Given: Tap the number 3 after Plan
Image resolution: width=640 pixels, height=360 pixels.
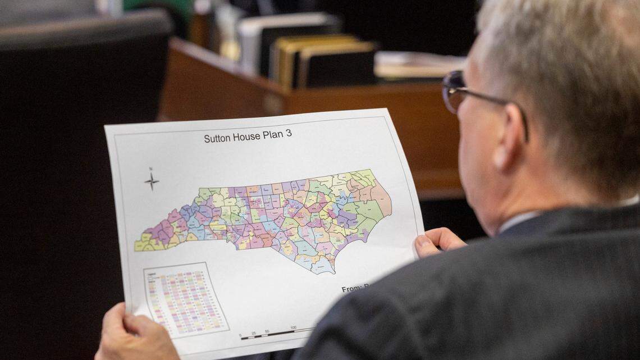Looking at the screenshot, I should pyautogui.click(x=289, y=133).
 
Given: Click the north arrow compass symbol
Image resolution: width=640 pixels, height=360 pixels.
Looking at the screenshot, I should pyautogui.click(x=151, y=180).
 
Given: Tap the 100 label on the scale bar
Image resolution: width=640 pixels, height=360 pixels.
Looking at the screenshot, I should pyautogui.click(x=293, y=327).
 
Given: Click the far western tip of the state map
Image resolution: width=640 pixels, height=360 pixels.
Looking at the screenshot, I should pyautogui.click(x=136, y=246).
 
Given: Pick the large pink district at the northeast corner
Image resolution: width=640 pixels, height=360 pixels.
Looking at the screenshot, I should pyautogui.click(x=382, y=197).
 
